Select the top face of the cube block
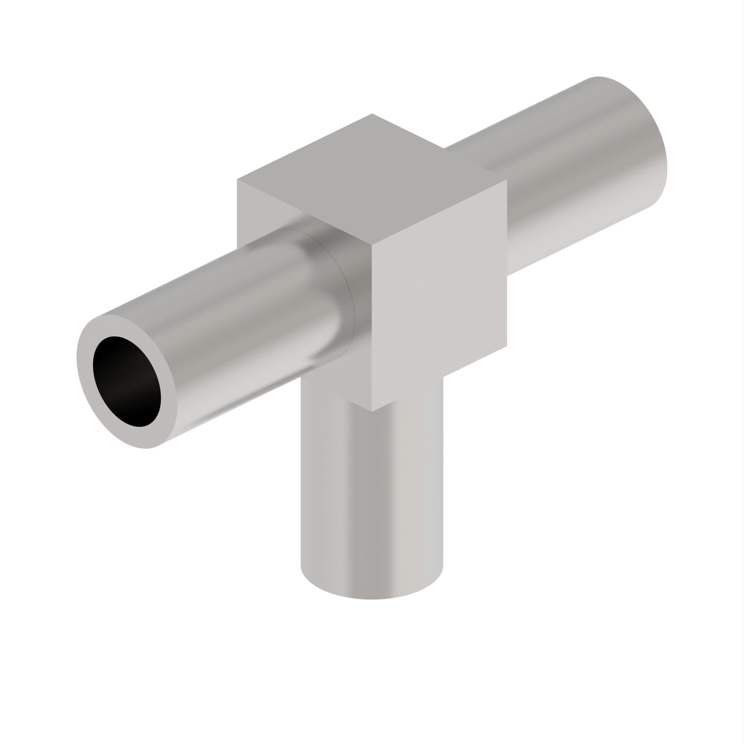point(372,179)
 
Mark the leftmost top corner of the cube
point(238,180)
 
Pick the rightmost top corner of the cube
point(506,179)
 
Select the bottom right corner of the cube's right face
point(506,346)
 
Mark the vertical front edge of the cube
point(372,327)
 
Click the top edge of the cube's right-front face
point(439,213)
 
